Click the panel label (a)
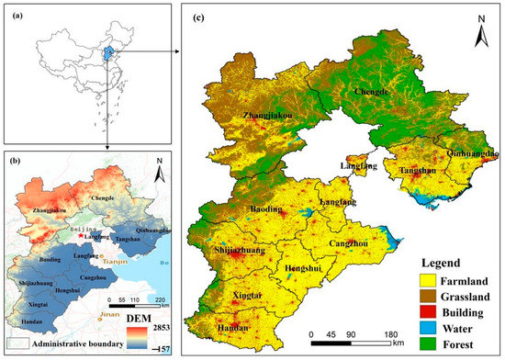[15, 12]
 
